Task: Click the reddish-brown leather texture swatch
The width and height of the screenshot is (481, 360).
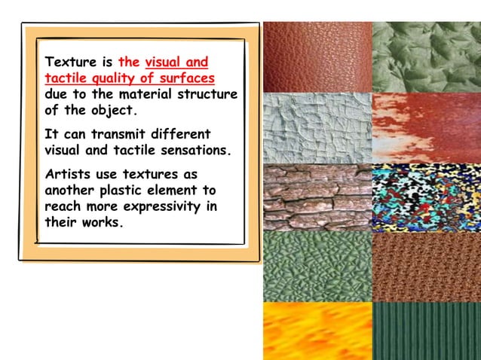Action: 317,56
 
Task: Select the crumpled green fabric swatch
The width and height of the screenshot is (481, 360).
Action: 426,56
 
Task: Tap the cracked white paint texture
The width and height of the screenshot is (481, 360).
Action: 317,127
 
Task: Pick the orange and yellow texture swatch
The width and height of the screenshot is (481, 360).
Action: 317,330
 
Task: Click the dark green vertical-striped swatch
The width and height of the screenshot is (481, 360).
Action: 426,330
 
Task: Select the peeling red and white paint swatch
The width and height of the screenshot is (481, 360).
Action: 426,127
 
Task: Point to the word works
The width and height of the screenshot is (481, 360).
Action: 97,223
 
